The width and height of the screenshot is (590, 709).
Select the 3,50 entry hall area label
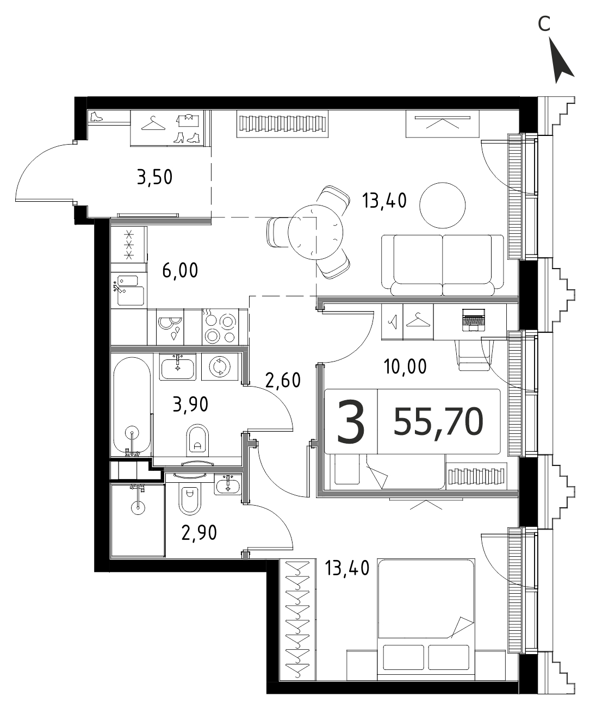pos(155,178)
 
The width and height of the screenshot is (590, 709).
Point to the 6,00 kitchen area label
pos(180,271)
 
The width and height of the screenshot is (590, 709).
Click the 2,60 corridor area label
pos(283,380)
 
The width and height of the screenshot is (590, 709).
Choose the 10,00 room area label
pos(405,366)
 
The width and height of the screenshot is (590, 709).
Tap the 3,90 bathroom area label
pos(190,405)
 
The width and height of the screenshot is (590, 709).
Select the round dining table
pos(315,232)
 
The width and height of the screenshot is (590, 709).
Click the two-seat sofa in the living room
pos(443,265)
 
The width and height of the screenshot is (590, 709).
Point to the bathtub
pos(132,406)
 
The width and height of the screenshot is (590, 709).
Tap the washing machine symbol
pos(220,366)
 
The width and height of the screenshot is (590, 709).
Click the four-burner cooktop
pos(220,327)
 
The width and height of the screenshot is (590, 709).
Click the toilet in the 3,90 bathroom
pos(197,440)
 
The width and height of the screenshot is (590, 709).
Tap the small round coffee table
pos(442,205)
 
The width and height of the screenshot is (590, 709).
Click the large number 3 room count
pos(351,421)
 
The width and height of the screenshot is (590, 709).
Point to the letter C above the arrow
pos(544,24)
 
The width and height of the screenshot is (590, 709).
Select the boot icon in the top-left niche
pos(96,116)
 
